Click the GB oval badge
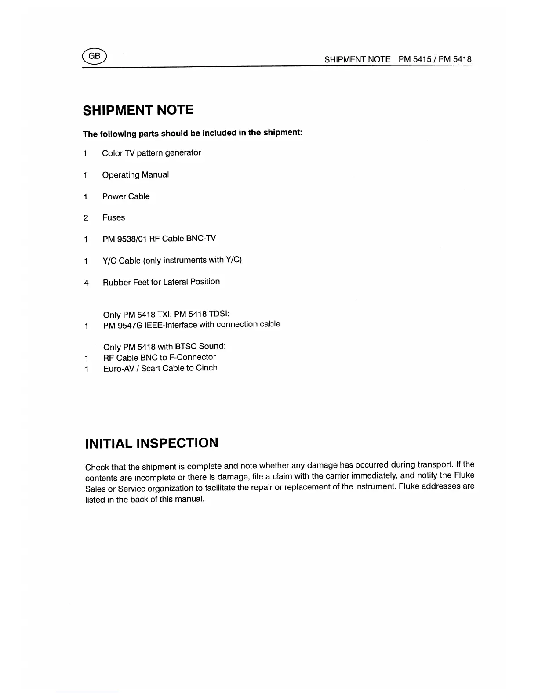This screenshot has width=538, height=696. [x=94, y=56]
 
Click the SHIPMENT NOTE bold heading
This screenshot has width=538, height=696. [x=138, y=110]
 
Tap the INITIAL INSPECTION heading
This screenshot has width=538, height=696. [x=151, y=443]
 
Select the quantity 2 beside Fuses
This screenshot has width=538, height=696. [x=86, y=218]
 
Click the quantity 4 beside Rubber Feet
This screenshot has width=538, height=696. [x=86, y=283]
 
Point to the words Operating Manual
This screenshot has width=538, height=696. [x=135, y=175]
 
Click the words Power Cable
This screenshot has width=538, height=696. [x=126, y=196]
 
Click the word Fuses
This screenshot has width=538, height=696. [x=113, y=218]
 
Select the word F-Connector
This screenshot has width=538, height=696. [x=192, y=357]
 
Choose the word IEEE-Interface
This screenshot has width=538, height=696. [x=171, y=325]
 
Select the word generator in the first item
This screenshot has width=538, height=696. [x=183, y=153]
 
